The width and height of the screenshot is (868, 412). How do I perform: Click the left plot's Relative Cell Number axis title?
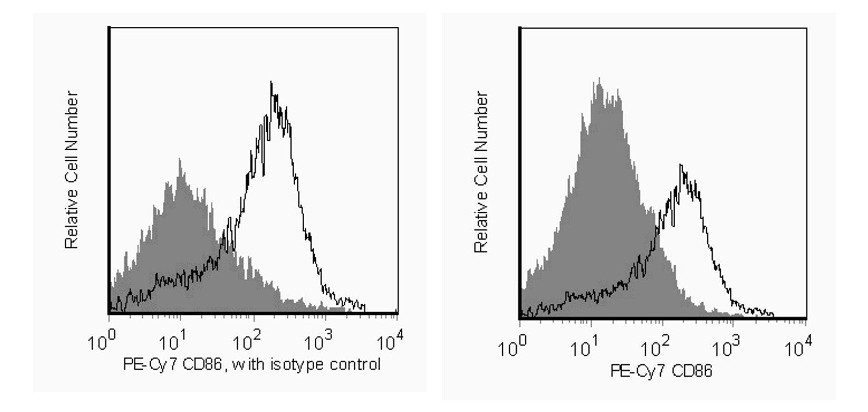pyautogui.click(x=71, y=170)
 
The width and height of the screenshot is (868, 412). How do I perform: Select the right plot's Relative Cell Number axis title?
pyautogui.click(x=481, y=172)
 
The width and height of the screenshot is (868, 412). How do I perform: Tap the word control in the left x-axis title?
pyautogui.click(x=355, y=364)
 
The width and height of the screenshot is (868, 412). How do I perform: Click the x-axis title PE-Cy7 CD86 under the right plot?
pyautogui.click(x=661, y=372)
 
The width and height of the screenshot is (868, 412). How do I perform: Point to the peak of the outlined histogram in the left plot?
pyautogui.click(x=271, y=83)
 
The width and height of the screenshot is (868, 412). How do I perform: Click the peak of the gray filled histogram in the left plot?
pyautogui.click(x=180, y=159)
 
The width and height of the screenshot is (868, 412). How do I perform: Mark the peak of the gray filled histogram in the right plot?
pyautogui.click(x=598, y=79)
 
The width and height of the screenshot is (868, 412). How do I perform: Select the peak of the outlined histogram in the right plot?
pyautogui.click(x=680, y=166)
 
